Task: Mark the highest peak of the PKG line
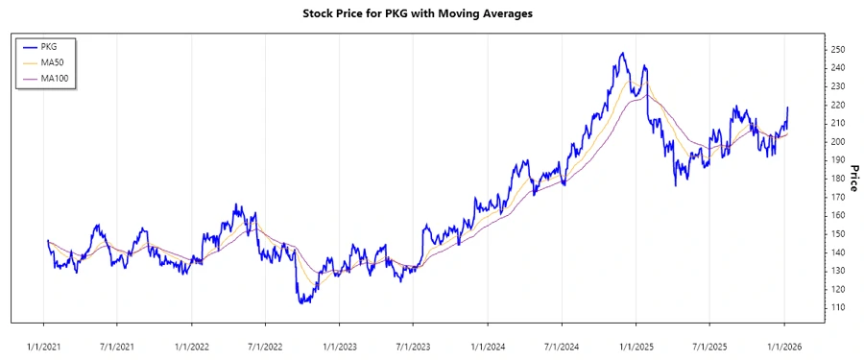coord(622,53)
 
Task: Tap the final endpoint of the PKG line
coord(787,108)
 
